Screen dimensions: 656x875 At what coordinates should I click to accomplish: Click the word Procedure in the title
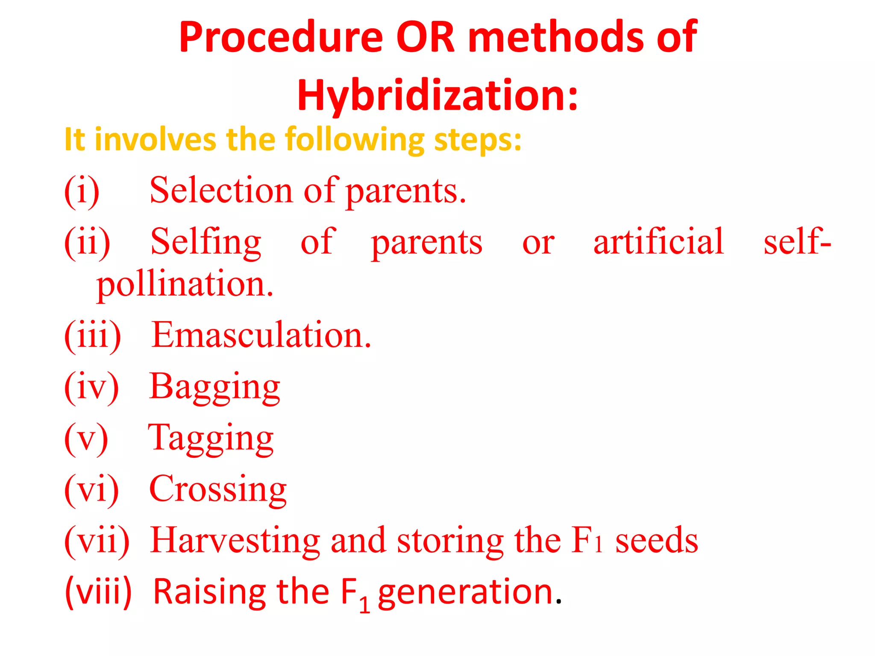tap(281, 38)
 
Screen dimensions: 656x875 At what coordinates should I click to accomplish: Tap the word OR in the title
tap(425, 38)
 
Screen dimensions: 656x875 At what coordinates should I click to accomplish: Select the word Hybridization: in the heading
tap(437, 96)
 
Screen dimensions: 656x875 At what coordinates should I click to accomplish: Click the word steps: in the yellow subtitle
tap(478, 140)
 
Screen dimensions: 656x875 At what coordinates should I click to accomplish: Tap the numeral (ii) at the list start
tap(87, 242)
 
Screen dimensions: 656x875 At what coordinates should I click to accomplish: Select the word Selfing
tap(206, 242)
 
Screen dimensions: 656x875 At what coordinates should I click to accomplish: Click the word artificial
tap(658, 241)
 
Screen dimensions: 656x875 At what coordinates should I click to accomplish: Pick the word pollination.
tap(185, 285)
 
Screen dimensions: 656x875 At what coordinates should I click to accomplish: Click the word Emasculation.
tap(261, 335)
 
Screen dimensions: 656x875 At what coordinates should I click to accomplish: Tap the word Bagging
tap(214, 387)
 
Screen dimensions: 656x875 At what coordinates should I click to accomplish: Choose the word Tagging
tap(211, 439)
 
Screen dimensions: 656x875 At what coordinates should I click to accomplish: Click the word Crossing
tap(217, 489)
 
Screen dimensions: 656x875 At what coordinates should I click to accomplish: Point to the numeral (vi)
tap(91, 489)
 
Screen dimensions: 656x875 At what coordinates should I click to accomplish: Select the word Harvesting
tap(235, 541)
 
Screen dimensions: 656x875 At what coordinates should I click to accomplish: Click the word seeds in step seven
tap(656, 541)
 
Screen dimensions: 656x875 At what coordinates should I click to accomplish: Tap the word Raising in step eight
tap(210, 592)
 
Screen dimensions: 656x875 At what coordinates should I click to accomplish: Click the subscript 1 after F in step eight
tap(364, 605)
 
